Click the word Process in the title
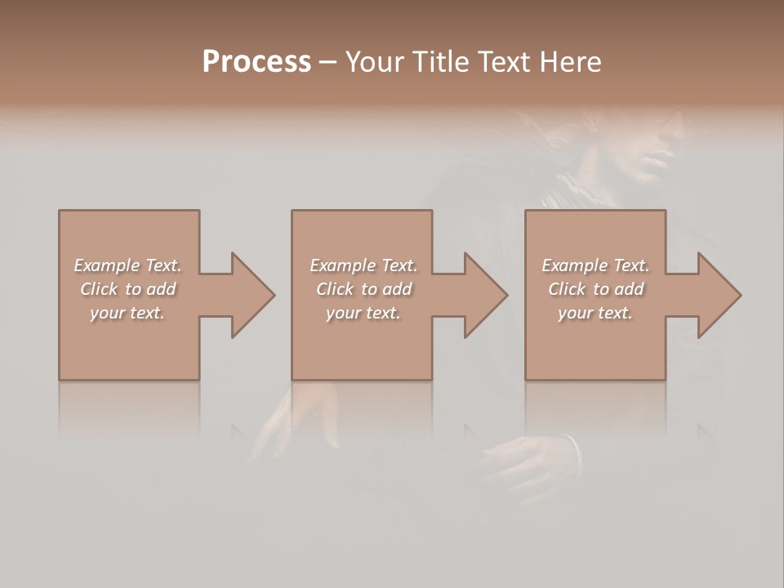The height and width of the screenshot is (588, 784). (x=256, y=62)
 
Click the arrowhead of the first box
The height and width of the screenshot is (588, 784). (x=251, y=295)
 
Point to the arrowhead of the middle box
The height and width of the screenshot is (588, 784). (x=483, y=295)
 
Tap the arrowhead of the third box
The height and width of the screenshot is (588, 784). (x=717, y=295)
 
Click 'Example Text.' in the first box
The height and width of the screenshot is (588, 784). (x=127, y=265)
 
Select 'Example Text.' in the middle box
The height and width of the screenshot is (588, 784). (x=363, y=265)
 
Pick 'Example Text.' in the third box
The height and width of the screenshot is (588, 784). (x=595, y=265)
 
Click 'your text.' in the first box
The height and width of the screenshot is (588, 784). (x=127, y=313)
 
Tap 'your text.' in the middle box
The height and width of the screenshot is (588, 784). (x=363, y=313)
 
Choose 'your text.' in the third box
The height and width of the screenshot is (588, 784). (x=595, y=313)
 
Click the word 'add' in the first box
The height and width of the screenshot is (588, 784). (x=162, y=289)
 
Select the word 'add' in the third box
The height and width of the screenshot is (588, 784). (x=630, y=289)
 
